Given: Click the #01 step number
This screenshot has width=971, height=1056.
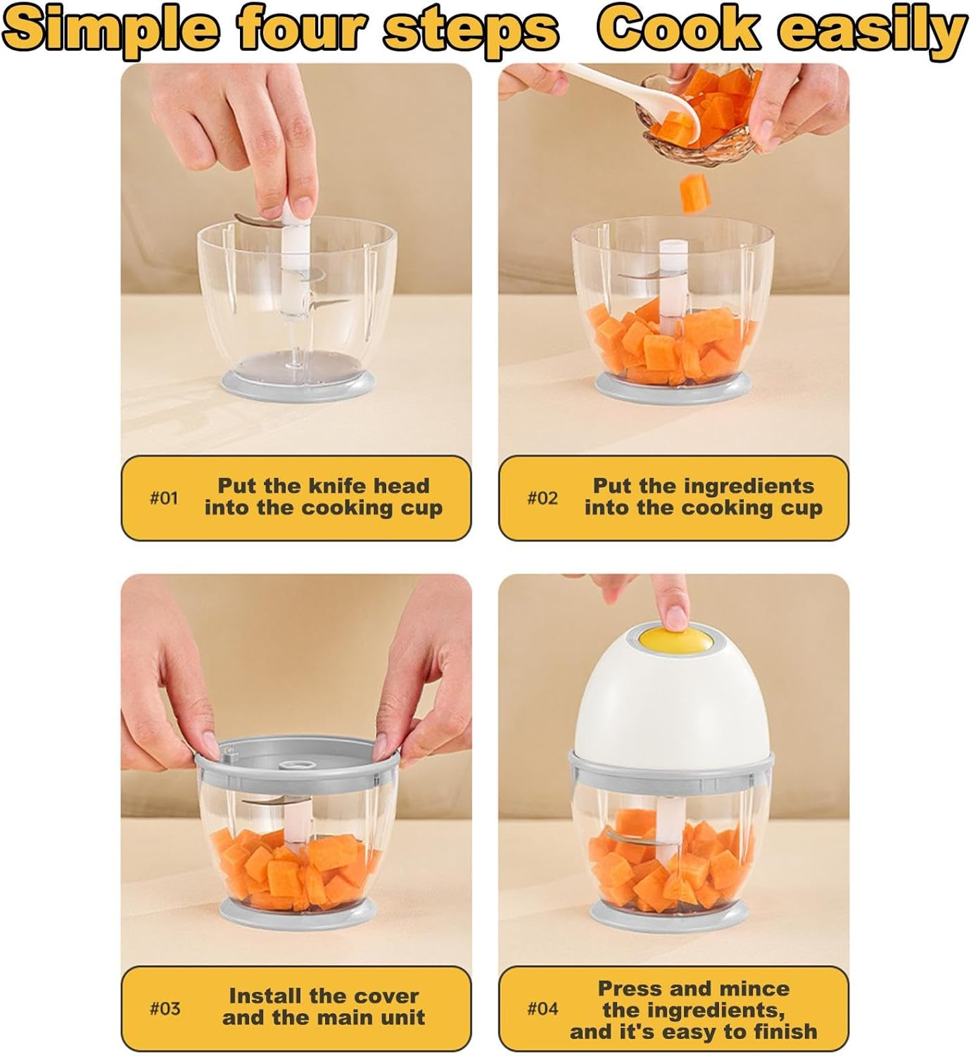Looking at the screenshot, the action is [164, 498].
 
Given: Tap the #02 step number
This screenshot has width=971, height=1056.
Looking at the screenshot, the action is [542, 498].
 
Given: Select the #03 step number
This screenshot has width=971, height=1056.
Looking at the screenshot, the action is [165, 1009].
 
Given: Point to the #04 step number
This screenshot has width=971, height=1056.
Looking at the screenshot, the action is [542, 1009].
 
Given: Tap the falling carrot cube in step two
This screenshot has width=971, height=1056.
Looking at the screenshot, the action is [695, 193].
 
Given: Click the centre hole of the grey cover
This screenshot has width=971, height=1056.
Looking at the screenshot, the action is [297, 765].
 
